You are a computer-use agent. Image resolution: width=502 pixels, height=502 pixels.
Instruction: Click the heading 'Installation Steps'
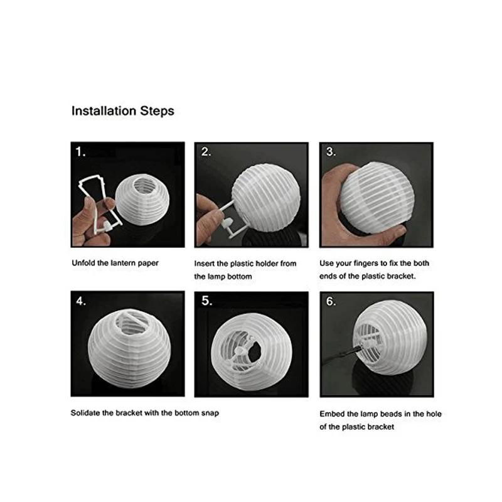(122, 111)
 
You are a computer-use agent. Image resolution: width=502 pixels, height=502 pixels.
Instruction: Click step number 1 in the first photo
(80, 152)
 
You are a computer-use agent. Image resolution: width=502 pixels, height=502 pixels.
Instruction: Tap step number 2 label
(205, 152)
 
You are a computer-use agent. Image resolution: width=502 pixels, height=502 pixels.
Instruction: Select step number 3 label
(331, 152)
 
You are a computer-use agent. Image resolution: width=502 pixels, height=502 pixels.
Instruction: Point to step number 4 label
(80, 301)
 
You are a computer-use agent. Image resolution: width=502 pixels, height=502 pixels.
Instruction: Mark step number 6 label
(331, 301)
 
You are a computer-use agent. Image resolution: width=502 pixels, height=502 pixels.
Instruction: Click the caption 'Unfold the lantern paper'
(114, 263)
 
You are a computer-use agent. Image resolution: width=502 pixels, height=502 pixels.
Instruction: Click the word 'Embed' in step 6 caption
(331, 414)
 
